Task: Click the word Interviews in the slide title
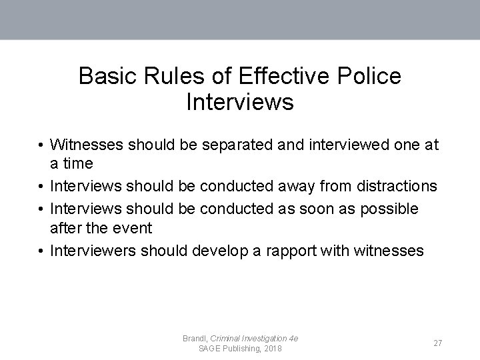240,103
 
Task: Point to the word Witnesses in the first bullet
87,145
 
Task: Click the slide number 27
438,343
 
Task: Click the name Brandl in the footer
195,339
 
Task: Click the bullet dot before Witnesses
41,145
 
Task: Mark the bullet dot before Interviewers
41,251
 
